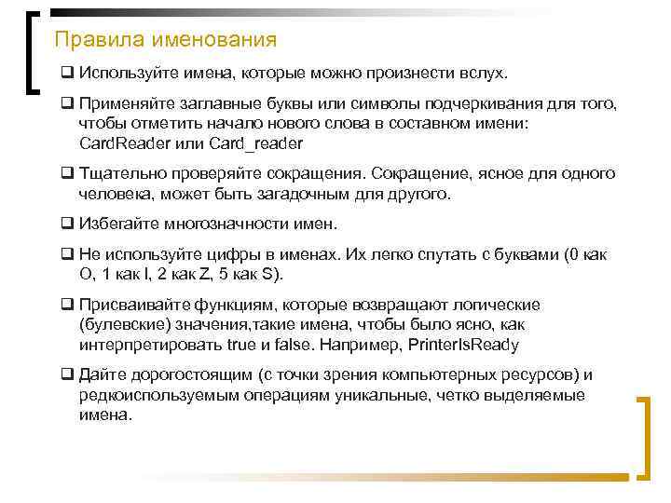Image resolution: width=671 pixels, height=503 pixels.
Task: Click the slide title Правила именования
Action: point(166,40)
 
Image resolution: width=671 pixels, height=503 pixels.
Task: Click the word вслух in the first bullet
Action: point(486,73)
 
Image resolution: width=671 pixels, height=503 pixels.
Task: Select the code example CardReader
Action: point(126,143)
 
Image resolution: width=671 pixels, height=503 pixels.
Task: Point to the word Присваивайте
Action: point(136,306)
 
